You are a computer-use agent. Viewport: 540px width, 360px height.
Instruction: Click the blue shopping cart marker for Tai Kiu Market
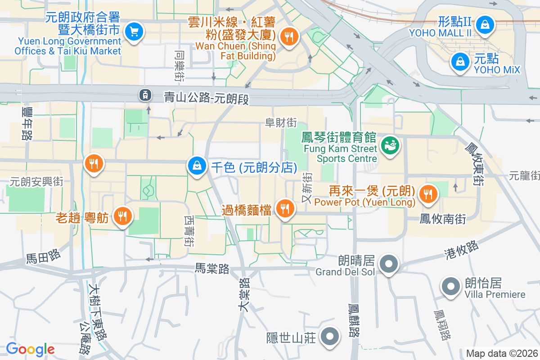[134, 31]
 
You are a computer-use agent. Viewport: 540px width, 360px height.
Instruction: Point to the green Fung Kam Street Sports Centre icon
[389, 145]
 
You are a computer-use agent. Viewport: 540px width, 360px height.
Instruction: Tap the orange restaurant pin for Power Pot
[426, 194]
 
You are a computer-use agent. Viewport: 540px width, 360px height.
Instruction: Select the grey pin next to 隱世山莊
[330, 336]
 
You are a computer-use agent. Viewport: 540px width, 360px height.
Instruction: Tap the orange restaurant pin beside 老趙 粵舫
[121, 216]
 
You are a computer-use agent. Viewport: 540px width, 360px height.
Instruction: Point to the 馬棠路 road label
[212, 269]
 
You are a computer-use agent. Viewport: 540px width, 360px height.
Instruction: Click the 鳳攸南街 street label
[442, 219]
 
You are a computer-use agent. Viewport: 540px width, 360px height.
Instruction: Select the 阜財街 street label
[281, 122]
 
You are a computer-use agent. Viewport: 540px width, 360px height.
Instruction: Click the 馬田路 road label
[43, 257]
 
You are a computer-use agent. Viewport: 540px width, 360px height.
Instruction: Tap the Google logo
[30, 349]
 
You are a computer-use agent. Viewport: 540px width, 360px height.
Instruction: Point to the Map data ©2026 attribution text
[501, 353]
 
